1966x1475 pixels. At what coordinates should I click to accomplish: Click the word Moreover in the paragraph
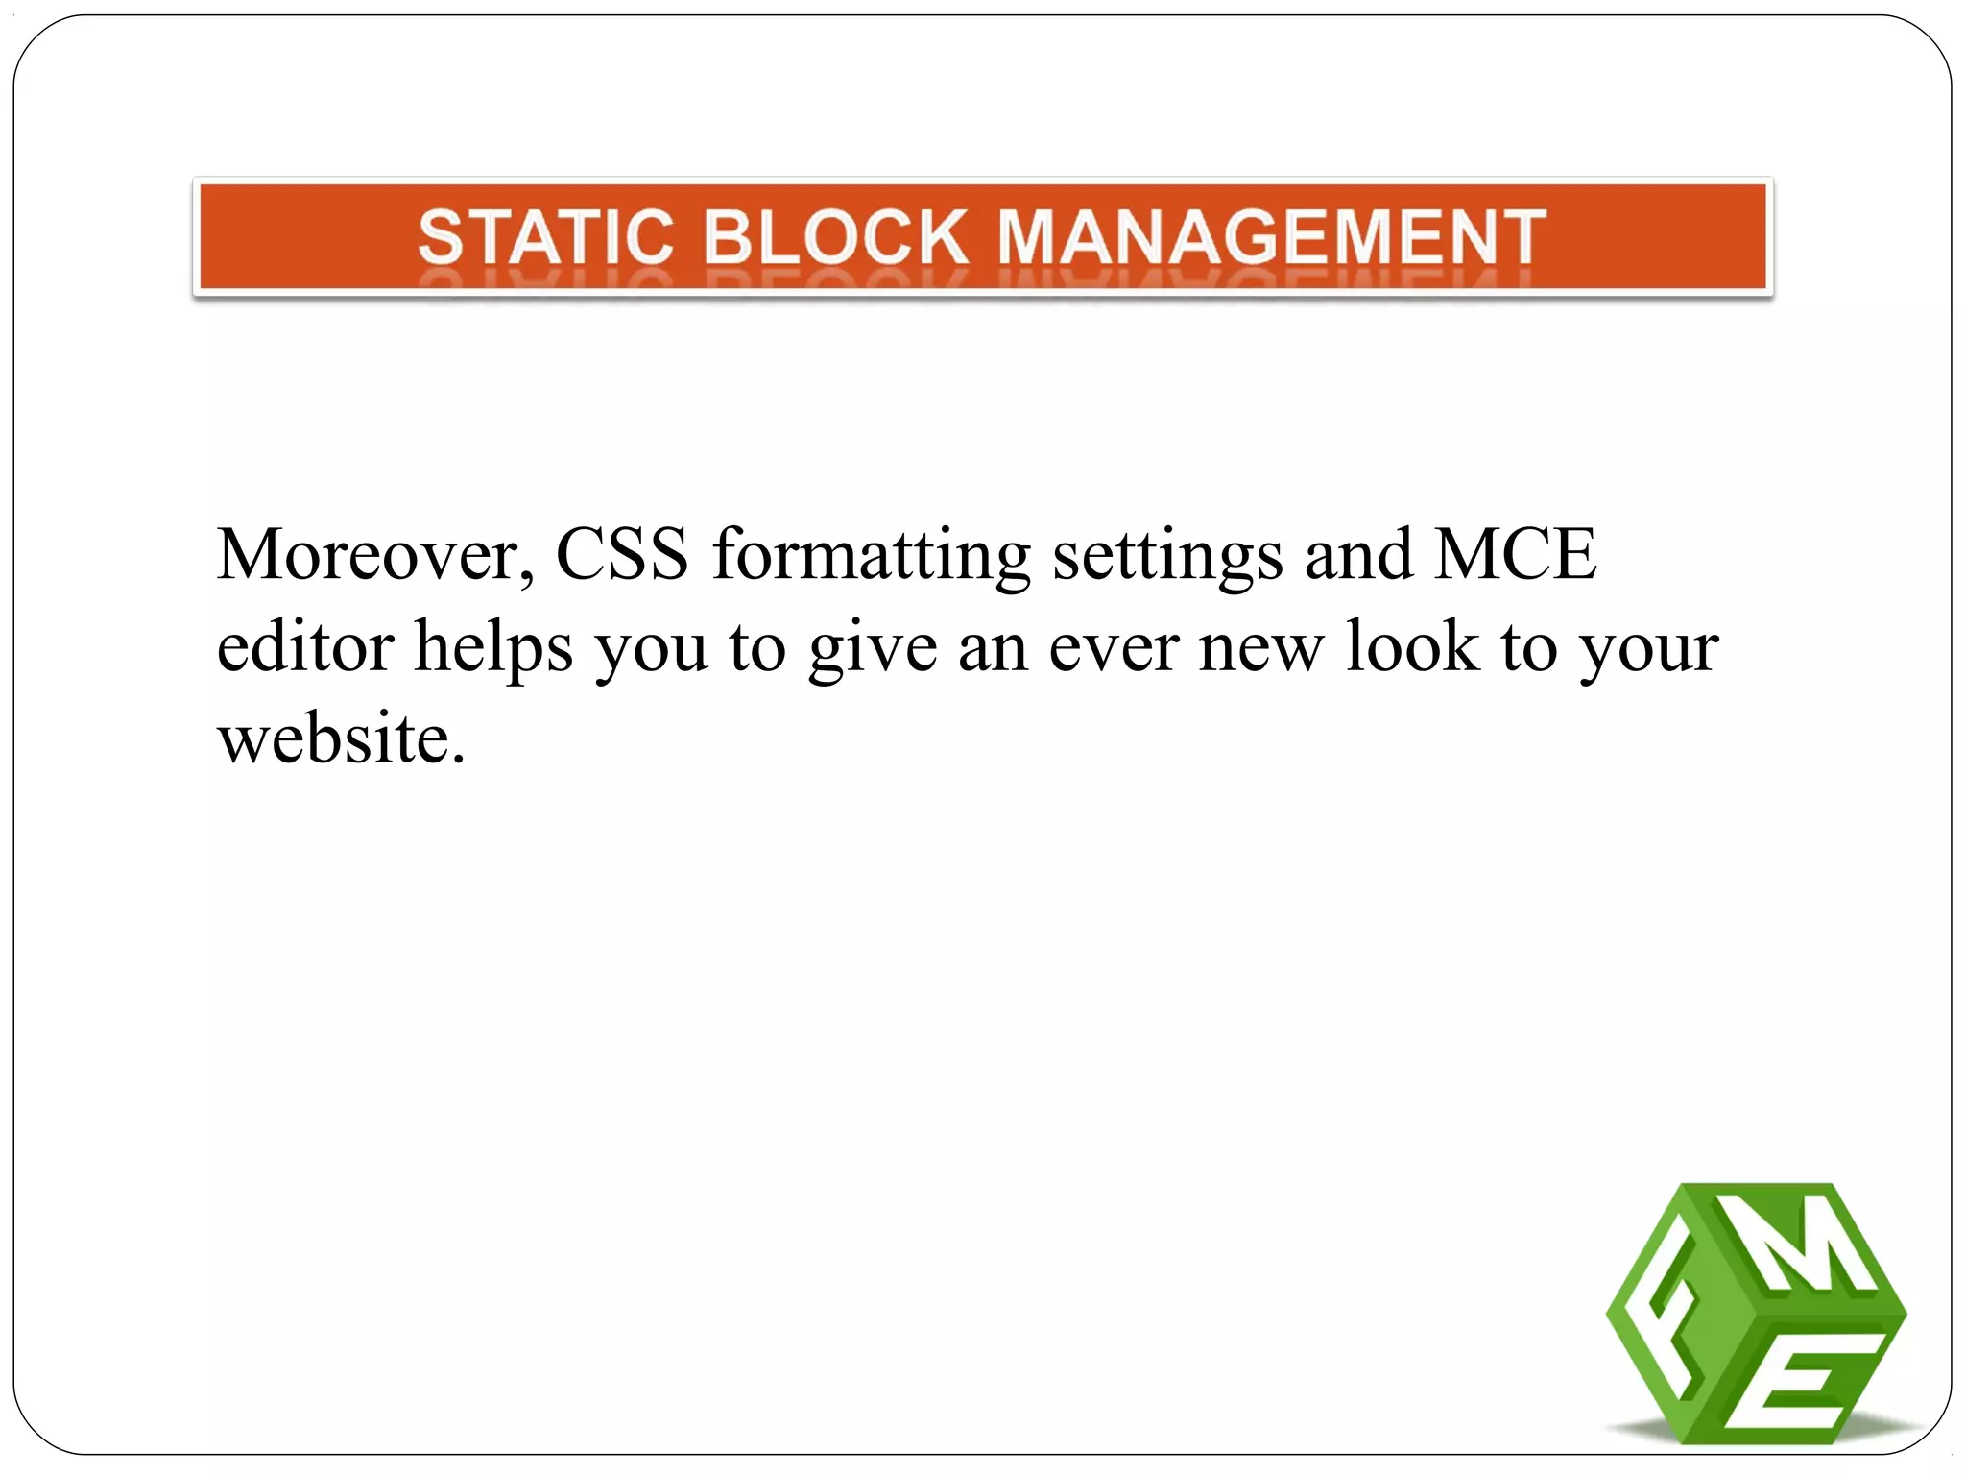[374, 555]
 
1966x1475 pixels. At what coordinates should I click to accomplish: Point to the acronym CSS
[622, 555]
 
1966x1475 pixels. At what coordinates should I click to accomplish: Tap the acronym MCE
[1515, 555]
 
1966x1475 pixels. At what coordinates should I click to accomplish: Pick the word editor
[305, 646]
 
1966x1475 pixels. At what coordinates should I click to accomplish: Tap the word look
[1411, 646]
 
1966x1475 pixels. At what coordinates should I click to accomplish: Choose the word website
[341, 739]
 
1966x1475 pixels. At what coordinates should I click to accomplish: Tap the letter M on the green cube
[1805, 1248]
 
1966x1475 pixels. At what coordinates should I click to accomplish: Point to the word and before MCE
[1358, 555]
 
